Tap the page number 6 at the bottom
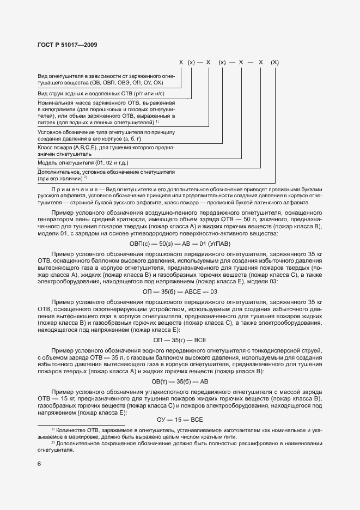[x=39, y=463]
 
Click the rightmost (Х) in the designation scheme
[x=275, y=63]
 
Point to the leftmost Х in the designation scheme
[x=181, y=63]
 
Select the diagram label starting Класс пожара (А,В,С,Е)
[x=106, y=151]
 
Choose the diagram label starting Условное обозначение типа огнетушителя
[x=106, y=136]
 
